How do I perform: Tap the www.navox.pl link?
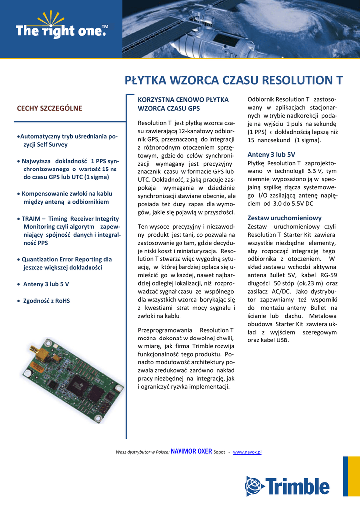click(247, 452)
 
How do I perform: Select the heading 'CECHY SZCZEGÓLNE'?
click(49, 108)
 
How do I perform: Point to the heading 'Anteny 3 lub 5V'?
click(271, 154)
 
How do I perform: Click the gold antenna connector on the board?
click(41, 354)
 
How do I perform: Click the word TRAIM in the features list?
click(31, 218)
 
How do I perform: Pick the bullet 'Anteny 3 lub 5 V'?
click(46, 284)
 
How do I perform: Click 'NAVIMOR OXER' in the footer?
click(191, 451)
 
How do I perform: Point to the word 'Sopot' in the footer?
click(219, 452)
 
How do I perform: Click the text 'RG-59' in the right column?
click(328, 275)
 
